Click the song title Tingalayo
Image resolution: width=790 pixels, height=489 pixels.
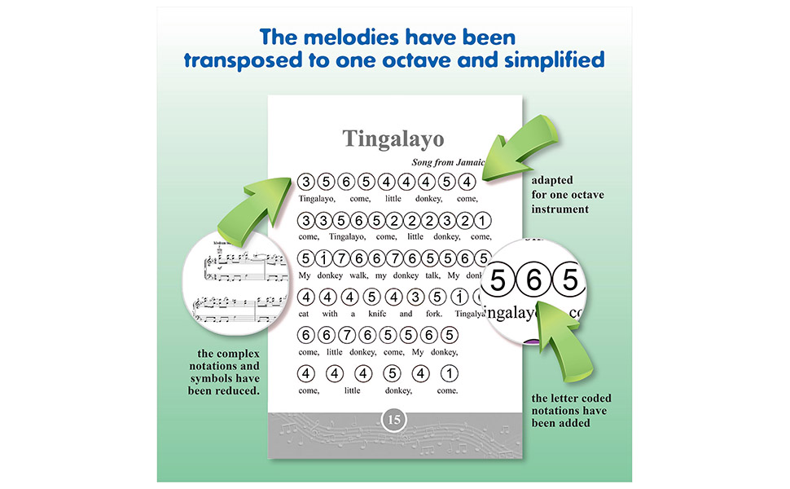pos(393,137)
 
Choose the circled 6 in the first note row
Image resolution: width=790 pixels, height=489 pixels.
pos(348,181)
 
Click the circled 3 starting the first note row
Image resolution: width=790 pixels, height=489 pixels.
pos(306,181)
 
